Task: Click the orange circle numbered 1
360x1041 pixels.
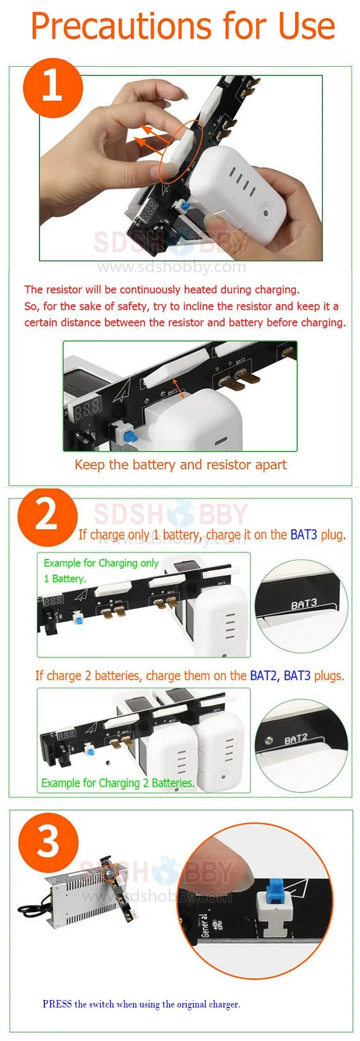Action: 53,87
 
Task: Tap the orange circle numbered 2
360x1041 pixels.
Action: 47,516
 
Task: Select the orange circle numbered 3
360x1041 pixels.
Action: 48,842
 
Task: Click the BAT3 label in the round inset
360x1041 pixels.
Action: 303,604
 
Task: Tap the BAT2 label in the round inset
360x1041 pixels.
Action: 296,739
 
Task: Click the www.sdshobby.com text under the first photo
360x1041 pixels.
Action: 172,267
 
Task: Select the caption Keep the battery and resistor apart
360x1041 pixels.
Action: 180,465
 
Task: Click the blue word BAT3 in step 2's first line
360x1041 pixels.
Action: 304,534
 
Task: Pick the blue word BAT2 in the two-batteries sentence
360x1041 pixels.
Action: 264,675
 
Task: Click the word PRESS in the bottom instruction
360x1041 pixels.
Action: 57,1004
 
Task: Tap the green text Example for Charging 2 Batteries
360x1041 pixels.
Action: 117,783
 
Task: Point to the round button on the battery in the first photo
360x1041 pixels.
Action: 266,214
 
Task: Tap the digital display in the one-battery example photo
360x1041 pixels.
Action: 53,600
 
